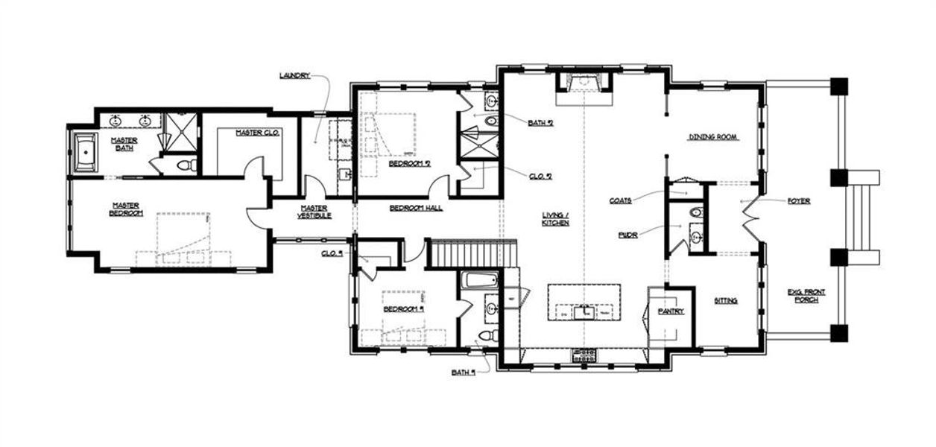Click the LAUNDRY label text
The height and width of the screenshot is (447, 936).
294,75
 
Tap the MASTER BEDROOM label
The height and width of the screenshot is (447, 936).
127,209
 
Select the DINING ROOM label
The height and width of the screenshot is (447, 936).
712,137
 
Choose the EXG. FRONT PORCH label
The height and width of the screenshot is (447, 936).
805,296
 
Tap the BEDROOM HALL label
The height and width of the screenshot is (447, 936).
416,208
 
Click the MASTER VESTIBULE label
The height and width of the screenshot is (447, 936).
315,212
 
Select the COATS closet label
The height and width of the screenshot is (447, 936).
621,200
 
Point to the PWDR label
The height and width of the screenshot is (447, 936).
626,233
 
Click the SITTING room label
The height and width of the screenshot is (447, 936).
725,301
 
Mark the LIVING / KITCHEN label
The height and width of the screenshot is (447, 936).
555,219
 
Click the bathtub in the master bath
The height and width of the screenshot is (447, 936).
86,153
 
